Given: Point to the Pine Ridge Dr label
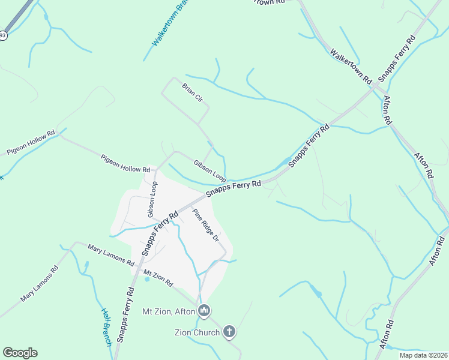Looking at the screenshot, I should click(204, 226).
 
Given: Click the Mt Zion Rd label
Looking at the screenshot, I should click(158, 277).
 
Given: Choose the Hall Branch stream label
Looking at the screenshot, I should click(106, 326).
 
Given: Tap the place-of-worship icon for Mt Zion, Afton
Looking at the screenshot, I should click(204, 311).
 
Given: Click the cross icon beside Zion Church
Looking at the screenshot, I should click(229, 331).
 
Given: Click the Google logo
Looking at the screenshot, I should click(20, 353).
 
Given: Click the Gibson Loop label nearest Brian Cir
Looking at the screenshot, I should click(209, 171).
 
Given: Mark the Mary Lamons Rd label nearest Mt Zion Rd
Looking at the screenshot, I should click(110, 255).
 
